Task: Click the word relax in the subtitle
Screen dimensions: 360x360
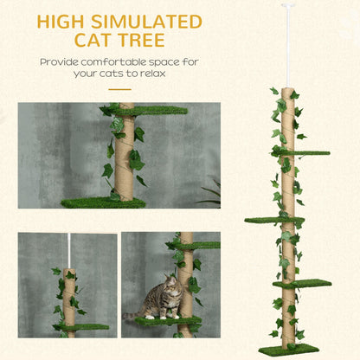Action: click(157, 73)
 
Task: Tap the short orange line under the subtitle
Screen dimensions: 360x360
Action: click(119, 87)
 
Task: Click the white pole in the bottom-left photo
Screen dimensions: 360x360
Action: click(67, 251)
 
